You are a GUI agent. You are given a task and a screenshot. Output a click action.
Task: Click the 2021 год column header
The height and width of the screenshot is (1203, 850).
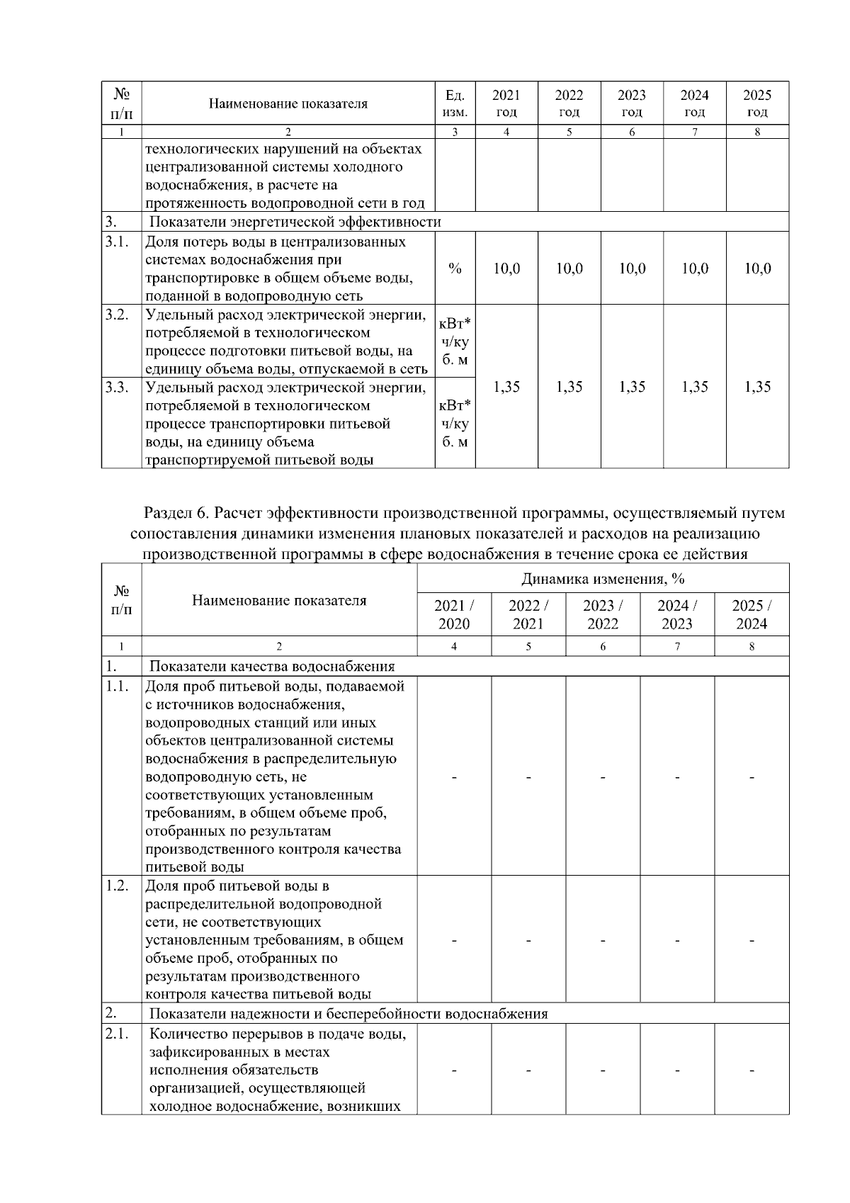[506, 103]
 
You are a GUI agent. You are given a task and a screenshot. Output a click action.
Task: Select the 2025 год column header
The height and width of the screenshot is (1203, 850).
[756, 103]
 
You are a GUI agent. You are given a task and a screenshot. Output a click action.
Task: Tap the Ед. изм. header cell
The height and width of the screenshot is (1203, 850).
[455, 103]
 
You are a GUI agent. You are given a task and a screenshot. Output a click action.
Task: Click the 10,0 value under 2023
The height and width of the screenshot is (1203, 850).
[632, 269]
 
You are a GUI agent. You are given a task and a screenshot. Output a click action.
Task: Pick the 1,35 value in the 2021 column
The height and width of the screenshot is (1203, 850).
[506, 386]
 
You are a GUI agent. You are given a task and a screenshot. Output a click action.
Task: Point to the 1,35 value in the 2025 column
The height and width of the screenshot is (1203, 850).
[756, 386]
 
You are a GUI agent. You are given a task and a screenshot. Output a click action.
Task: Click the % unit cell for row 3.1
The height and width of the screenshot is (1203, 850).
[455, 269]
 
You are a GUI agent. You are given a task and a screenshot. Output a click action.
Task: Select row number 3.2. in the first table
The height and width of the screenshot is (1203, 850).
[116, 315]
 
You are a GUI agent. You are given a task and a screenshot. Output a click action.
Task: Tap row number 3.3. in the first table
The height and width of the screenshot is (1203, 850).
[116, 388]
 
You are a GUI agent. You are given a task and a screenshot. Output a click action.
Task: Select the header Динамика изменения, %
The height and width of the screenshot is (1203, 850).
[603, 579]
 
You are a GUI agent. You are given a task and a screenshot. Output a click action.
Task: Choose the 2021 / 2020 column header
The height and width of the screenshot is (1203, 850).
[454, 614]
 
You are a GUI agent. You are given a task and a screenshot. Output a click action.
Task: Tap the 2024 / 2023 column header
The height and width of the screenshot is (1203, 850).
[677, 614]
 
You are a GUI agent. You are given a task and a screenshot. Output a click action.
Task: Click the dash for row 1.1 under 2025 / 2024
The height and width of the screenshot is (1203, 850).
[752, 778]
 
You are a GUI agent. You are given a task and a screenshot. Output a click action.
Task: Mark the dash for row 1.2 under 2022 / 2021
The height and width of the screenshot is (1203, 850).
[528, 941]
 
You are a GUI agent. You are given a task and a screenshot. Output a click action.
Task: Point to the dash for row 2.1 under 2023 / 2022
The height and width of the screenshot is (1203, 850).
[603, 1070]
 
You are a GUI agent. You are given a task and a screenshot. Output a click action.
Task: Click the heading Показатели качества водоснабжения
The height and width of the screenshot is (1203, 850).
[272, 666]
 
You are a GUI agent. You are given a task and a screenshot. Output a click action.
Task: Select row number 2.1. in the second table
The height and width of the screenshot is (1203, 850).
[116, 1034]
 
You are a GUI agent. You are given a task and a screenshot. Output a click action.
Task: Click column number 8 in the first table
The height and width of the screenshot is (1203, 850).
[756, 132]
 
